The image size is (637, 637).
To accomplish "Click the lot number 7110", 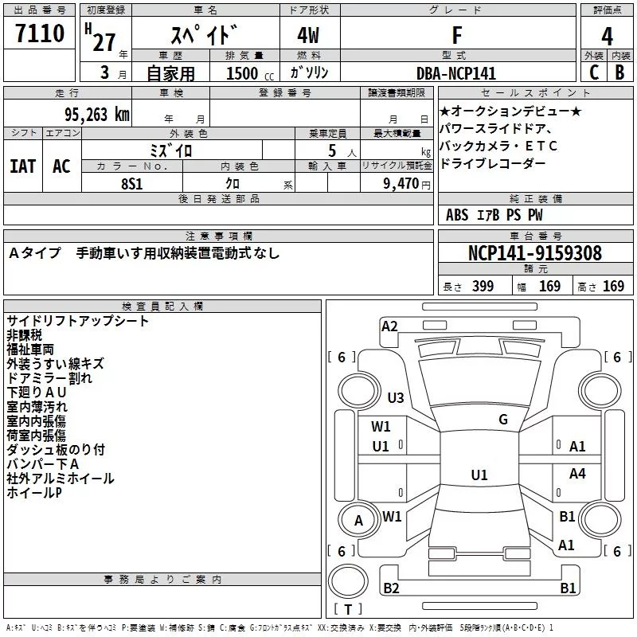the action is [x=40, y=34].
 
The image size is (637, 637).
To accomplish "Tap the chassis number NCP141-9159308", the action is [x=534, y=253].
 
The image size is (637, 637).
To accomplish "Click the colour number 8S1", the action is [x=131, y=182].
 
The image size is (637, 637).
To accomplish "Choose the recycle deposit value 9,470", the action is [x=402, y=183].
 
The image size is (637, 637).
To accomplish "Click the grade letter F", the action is [x=456, y=35].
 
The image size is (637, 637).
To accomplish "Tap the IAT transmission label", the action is [x=23, y=166].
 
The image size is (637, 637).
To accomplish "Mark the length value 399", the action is [x=483, y=287].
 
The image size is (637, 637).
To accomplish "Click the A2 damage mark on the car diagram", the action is [x=389, y=326].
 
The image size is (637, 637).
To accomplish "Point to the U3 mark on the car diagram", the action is [x=395, y=398].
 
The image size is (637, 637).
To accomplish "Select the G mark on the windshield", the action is [x=502, y=420].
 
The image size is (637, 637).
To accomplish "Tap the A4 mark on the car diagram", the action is [x=577, y=474].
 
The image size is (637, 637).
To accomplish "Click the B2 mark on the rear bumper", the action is [x=391, y=588].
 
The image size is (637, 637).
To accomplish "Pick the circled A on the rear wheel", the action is [x=358, y=521].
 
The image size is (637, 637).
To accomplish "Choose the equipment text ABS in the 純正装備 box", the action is [x=457, y=215].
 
